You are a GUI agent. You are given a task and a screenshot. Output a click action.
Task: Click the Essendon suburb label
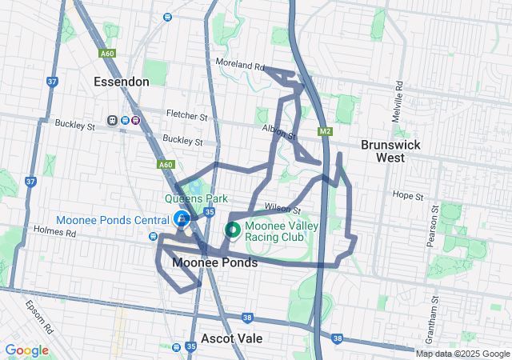(121, 82)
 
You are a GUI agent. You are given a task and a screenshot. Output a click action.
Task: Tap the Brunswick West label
(387, 151)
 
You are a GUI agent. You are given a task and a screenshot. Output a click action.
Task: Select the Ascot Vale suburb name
(232, 338)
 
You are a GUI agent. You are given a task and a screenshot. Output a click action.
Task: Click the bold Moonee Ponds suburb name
(215, 262)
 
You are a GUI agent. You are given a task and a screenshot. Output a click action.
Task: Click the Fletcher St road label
(187, 115)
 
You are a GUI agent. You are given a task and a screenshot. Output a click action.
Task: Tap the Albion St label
(278, 130)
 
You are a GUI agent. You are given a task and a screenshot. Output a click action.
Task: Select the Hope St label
(408, 194)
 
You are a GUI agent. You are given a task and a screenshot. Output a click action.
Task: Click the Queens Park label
(197, 199)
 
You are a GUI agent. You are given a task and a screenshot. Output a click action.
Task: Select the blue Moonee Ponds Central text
(112, 220)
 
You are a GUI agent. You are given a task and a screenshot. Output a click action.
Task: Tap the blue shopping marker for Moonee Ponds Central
(182, 219)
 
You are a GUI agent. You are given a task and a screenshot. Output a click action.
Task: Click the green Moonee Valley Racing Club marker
(233, 230)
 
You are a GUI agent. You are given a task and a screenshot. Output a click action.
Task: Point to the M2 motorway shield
(324, 131)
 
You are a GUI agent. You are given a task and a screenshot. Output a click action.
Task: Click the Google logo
(26, 350)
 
